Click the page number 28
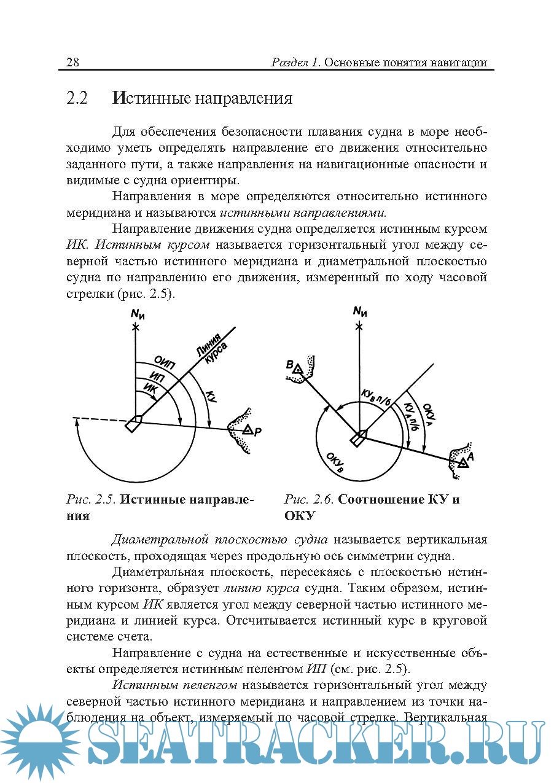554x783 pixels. click(x=72, y=63)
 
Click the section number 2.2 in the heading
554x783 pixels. click(x=78, y=98)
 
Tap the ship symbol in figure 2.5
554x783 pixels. click(x=133, y=424)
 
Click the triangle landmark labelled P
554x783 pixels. click(x=247, y=429)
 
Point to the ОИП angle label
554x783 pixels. click(x=164, y=363)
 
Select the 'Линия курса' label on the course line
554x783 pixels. click(x=211, y=353)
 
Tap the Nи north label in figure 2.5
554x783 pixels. click(x=137, y=315)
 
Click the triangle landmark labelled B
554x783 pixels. click(x=297, y=369)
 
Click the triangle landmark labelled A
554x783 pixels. click(x=462, y=462)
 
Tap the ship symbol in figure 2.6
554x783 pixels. click(x=358, y=438)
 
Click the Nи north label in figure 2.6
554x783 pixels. click(x=360, y=311)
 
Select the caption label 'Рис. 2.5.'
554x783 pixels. click(x=90, y=499)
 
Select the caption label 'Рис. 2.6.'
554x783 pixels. click(x=308, y=499)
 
